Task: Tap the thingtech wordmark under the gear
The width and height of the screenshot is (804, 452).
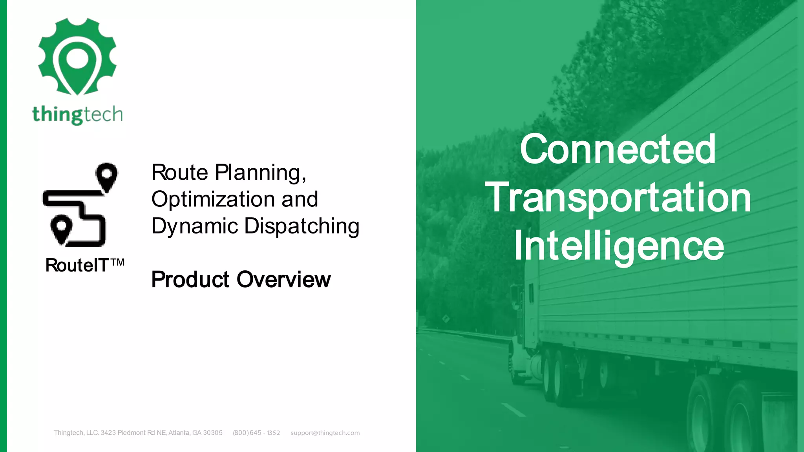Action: pyautogui.click(x=77, y=115)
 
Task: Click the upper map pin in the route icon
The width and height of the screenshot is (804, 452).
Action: pyautogui.click(x=106, y=176)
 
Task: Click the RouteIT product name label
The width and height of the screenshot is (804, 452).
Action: pyautogui.click(x=77, y=266)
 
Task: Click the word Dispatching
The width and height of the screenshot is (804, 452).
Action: pyautogui.click(x=301, y=226)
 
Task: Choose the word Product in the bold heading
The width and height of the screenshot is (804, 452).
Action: pyautogui.click(x=190, y=279)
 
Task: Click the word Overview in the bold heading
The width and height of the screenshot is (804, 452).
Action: pyautogui.click(x=283, y=279)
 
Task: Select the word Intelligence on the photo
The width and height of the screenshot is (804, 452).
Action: pyautogui.click(x=619, y=246)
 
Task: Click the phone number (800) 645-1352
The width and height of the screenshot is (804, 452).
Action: pyautogui.click(x=256, y=433)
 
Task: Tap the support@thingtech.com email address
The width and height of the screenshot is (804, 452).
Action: pyautogui.click(x=325, y=433)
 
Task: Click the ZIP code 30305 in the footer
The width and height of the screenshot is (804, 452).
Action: pyautogui.click(x=212, y=433)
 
